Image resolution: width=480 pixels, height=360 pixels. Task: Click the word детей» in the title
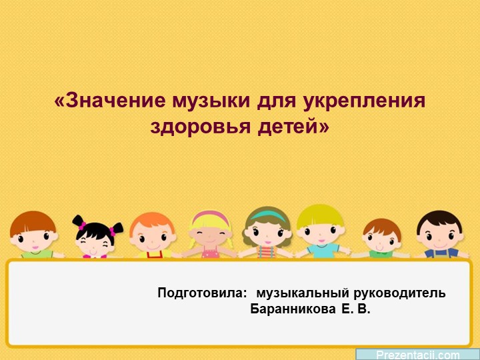tap(294, 125)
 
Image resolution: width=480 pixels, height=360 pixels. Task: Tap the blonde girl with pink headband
tap(210, 233)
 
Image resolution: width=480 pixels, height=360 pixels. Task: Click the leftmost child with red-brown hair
tap(33, 233)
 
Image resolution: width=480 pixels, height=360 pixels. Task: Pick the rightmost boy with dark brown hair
tap(439, 233)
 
